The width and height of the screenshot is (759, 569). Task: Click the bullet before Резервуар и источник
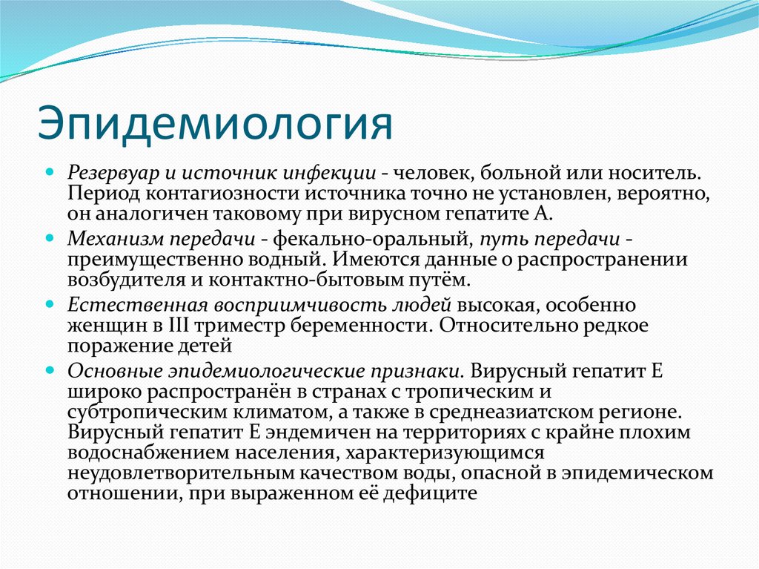[x=50, y=171]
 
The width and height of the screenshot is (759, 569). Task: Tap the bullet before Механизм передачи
[x=50, y=238]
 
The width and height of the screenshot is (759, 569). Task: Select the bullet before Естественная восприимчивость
[x=50, y=304]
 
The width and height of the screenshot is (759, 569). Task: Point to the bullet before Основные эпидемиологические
[x=50, y=369]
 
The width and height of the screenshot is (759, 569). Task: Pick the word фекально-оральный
[x=375, y=240]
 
